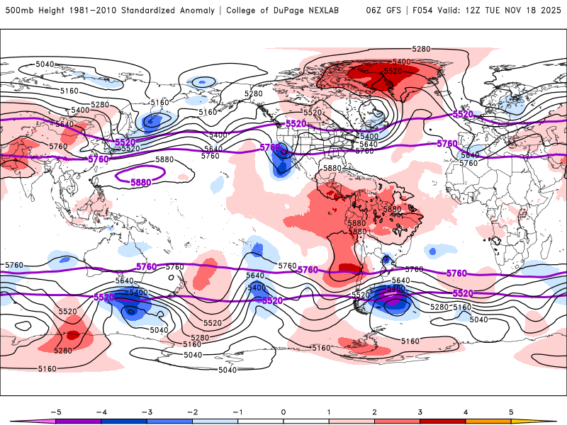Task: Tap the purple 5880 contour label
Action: point(140,183)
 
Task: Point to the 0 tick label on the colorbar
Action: point(283,411)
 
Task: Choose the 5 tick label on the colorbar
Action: point(511,411)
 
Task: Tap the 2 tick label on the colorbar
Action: point(374,411)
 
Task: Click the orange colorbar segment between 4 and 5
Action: point(488,421)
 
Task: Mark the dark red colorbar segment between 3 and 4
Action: point(443,421)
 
